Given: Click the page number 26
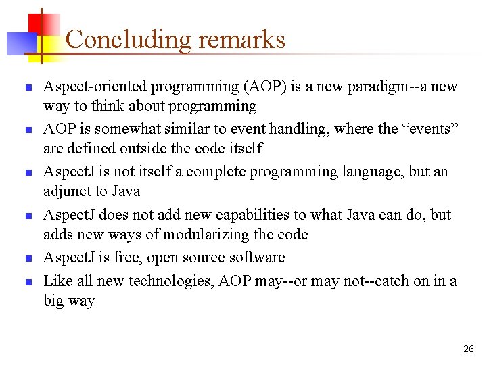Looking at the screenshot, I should coord(469,349).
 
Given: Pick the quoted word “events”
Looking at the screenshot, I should coord(435,128).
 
